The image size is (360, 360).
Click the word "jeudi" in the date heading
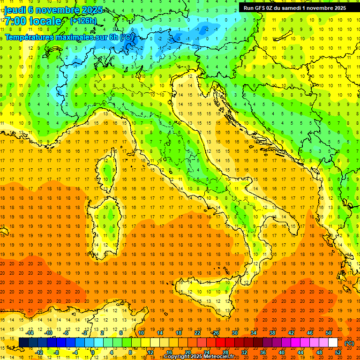15,10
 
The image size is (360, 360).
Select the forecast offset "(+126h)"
83,21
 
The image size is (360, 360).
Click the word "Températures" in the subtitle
29,37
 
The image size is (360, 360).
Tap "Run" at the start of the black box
249,8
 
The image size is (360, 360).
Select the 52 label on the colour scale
338,352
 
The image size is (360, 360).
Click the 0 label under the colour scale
93,352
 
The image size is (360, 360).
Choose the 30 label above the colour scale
235,333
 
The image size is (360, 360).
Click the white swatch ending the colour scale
333,343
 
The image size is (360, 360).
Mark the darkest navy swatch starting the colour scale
23,343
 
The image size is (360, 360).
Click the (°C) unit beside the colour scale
349,343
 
